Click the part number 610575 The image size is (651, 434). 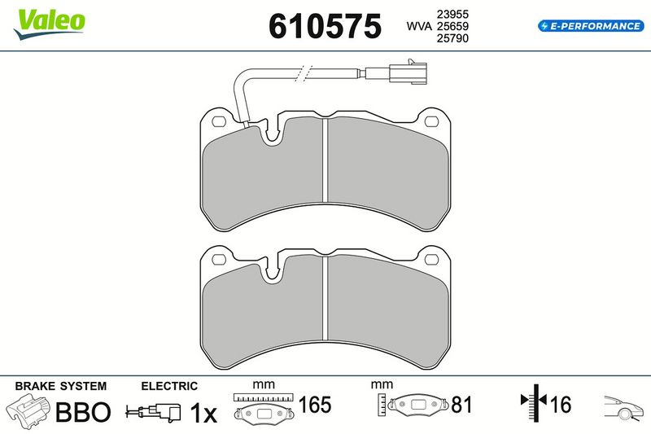click(325, 26)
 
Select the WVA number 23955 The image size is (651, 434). click(452, 14)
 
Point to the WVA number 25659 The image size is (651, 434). click(452, 26)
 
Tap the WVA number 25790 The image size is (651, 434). click(452, 38)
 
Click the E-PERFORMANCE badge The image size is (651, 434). click(591, 26)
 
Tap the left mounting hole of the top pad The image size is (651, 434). click(219, 121)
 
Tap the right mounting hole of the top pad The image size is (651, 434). click(432, 121)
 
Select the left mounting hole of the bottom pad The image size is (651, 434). click(219, 260)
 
